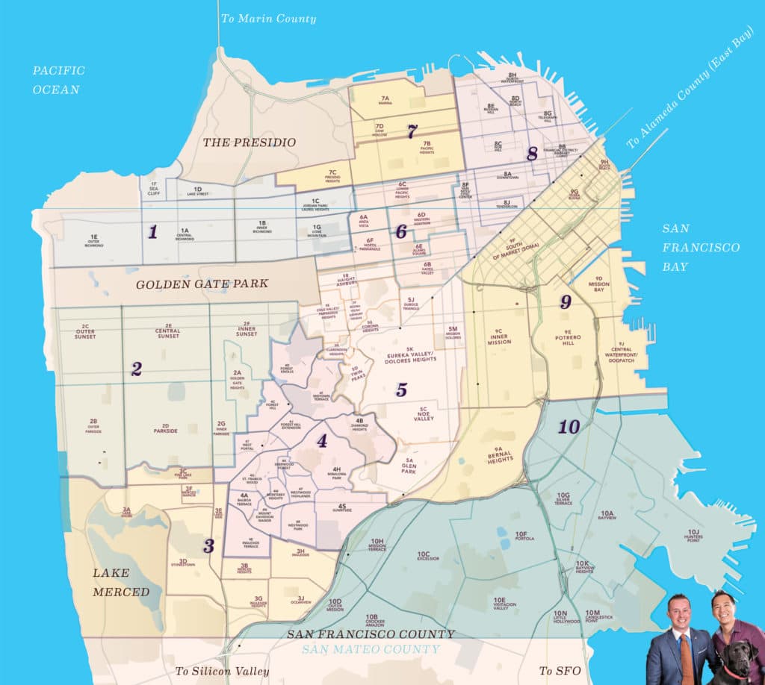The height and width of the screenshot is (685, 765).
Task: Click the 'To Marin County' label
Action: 268,19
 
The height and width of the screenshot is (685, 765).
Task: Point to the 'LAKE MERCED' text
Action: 121,582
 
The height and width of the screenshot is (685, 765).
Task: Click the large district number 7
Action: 412,131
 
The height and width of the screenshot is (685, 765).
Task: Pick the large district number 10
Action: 569,428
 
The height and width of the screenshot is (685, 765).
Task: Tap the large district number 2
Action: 136,369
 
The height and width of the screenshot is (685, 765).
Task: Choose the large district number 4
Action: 322,441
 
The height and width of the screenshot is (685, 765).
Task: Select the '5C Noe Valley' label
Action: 423,412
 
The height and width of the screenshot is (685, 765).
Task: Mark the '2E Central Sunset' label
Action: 168,331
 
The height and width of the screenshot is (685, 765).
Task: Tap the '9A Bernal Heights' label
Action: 501,452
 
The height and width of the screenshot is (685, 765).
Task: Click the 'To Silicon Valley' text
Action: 222,671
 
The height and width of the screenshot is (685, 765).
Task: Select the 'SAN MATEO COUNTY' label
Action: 371,649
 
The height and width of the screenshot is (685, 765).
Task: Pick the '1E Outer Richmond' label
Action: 94,241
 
